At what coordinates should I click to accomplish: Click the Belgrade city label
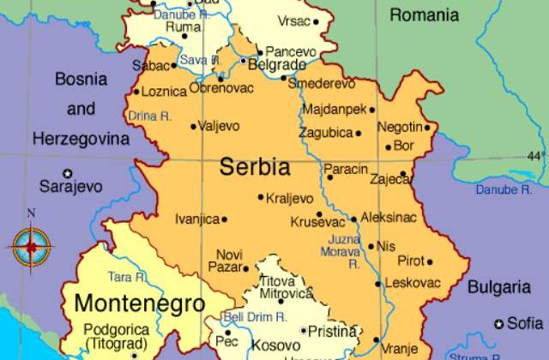click(x=278, y=65)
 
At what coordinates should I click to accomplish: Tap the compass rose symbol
click(x=32, y=246)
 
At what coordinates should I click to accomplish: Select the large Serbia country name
click(x=255, y=166)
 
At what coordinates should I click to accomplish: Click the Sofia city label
click(x=525, y=323)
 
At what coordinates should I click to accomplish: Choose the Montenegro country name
click(x=139, y=303)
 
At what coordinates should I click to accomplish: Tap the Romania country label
click(x=424, y=15)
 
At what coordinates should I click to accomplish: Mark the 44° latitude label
click(x=535, y=156)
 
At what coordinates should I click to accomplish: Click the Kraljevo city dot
click(x=261, y=197)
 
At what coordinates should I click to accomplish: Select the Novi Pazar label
click(x=229, y=261)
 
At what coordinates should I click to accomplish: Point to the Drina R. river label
click(x=148, y=116)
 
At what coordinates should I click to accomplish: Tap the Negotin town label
click(x=400, y=127)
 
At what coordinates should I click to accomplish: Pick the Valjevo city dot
click(x=193, y=126)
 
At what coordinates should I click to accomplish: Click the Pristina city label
click(x=334, y=331)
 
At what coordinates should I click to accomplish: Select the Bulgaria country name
click(x=498, y=286)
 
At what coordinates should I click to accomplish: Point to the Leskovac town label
click(x=413, y=283)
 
